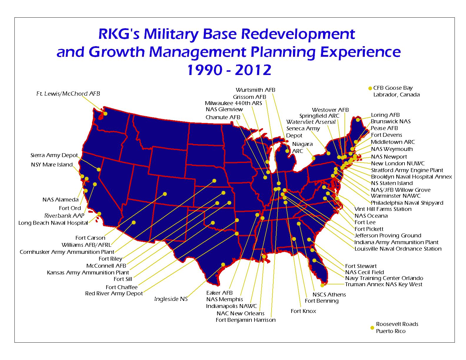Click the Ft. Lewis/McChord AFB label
pyautogui.click(x=68, y=94)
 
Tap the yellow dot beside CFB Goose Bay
pyautogui.click(x=370, y=88)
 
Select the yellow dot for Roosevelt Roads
pyautogui.click(x=372, y=328)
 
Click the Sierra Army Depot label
pyautogui.click(x=54, y=155)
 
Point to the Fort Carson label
pyautogui.click(x=90, y=238)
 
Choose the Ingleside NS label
pyautogui.click(x=171, y=299)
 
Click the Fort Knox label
pyautogui.click(x=303, y=311)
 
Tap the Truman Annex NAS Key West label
pyautogui.click(x=383, y=284)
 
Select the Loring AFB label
pyautogui.click(x=385, y=115)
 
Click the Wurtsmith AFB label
pyautogui.click(x=255, y=90)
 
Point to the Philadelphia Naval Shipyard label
pyautogui.click(x=407, y=203)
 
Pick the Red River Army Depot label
pyautogui.click(x=114, y=294)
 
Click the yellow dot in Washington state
pyautogui.click(x=105, y=114)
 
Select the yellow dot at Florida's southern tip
pyautogui.click(x=322, y=285)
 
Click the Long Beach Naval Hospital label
pyautogui.click(x=53, y=223)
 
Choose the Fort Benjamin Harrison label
pyautogui.click(x=246, y=320)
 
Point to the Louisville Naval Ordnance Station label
pyautogui.click(x=398, y=249)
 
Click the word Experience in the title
pyautogui.click(x=360, y=52)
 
